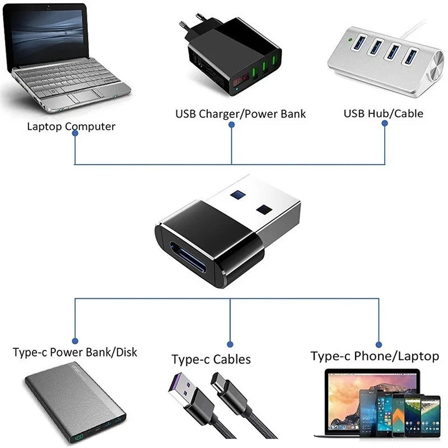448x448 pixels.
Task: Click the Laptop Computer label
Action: click(71, 126)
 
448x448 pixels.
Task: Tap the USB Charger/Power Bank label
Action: click(241, 114)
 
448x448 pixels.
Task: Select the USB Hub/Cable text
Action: click(383, 113)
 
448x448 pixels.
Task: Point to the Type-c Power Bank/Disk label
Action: click(75, 352)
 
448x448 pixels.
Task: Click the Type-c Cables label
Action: click(211, 359)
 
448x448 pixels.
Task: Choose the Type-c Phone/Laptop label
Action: click(375, 356)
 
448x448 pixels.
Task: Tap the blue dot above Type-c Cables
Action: click(230, 343)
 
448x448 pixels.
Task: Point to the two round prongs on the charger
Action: click(193, 25)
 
